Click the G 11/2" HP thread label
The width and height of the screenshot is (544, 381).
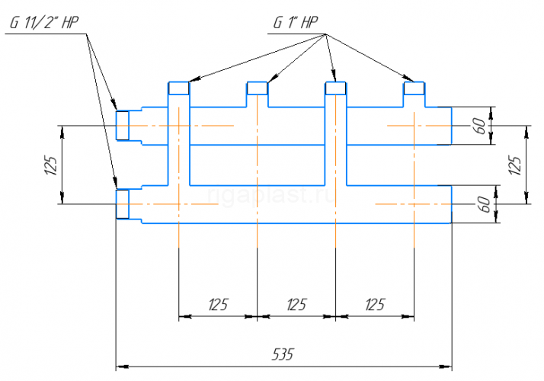pyautogui.click(x=44, y=23)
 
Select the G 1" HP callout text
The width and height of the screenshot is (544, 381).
pyautogui.click(x=296, y=23)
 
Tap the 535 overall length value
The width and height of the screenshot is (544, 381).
pyautogui.click(x=283, y=354)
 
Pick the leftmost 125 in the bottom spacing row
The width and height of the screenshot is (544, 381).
pyautogui.click(x=218, y=304)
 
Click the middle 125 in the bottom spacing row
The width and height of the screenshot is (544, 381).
pyautogui.click(x=296, y=304)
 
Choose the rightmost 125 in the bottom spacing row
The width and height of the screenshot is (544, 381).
pyautogui.click(x=375, y=304)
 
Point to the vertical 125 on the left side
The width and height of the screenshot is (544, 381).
pyautogui.click(x=50, y=165)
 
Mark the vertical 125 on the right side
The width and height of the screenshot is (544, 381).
pyautogui.click(x=514, y=165)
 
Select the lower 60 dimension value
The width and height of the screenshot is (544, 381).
pyautogui.click(x=485, y=204)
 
